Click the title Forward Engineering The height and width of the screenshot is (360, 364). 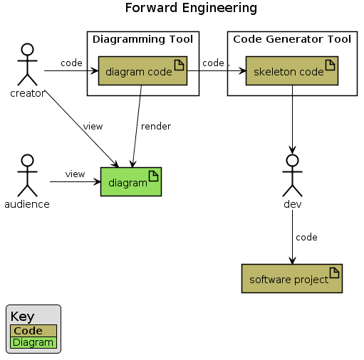[191, 9]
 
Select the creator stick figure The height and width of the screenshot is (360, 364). [27, 65]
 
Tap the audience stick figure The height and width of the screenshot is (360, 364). [27, 175]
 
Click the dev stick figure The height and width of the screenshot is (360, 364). [292, 174]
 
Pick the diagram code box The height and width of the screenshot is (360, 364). [142, 71]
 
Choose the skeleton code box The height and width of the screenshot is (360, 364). [291, 71]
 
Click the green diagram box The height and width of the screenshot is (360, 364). [131, 182]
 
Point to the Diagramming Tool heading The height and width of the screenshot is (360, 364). [142, 39]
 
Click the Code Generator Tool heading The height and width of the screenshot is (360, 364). [292, 39]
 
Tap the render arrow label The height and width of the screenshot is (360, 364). [155, 127]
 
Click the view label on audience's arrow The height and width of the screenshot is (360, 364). [75, 174]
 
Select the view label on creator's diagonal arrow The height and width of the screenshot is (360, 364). [93, 127]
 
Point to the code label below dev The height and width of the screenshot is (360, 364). [306, 237]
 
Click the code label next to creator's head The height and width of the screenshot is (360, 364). [71, 63]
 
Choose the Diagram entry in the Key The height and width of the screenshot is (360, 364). [33, 342]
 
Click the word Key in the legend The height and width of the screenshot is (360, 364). [22, 317]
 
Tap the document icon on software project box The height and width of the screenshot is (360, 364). [335, 271]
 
